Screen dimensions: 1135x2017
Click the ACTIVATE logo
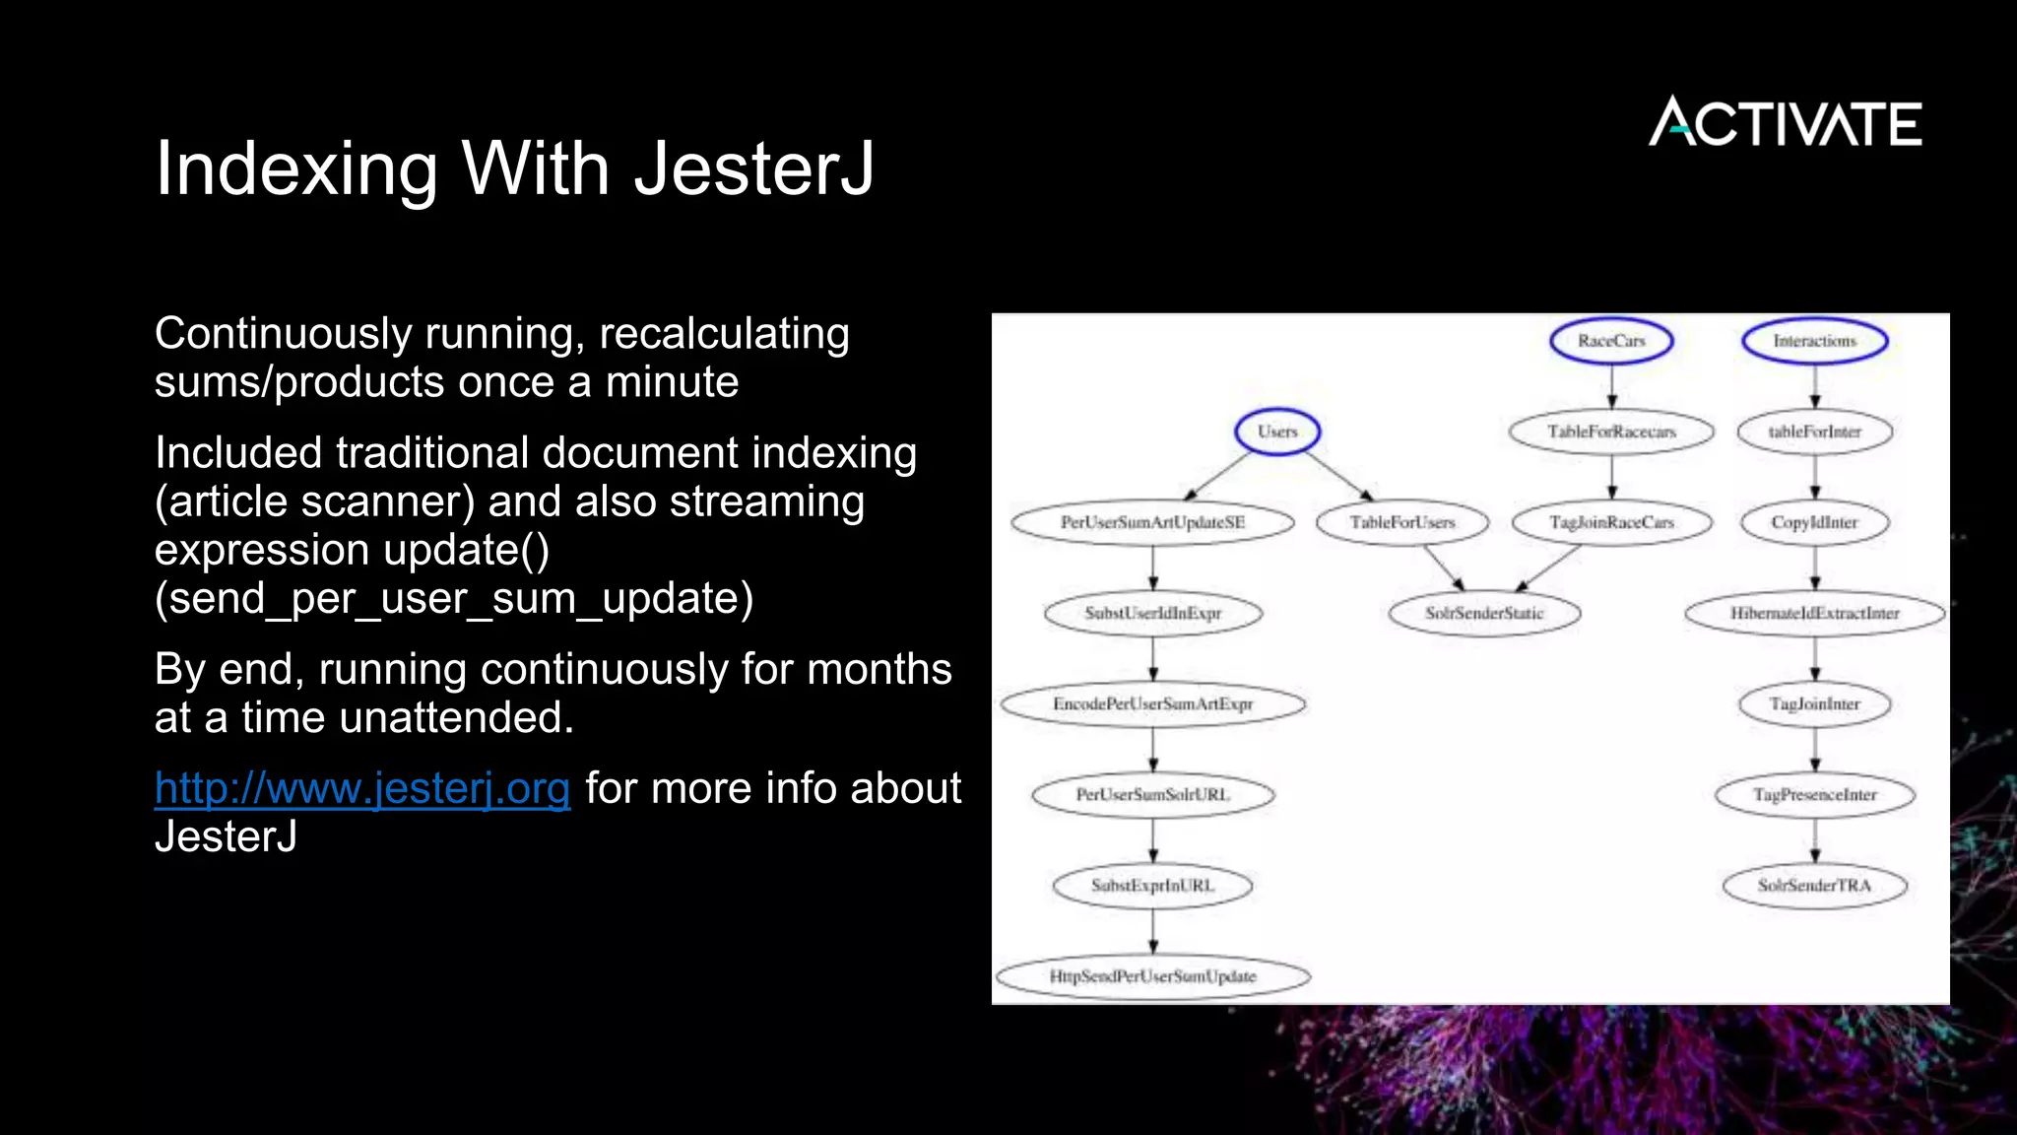point(1785,122)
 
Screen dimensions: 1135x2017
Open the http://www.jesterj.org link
point(362,788)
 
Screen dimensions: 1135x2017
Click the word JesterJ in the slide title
point(753,168)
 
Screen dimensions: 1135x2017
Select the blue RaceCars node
point(1611,341)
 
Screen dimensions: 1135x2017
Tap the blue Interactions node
point(1814,341)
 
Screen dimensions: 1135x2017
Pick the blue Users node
point(1277,432)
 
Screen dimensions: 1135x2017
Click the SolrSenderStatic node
point(1484,613)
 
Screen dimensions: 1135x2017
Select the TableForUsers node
point(1402,522)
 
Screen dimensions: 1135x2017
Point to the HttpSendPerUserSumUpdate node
point(1152,976)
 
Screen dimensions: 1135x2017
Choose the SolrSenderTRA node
point(1814,885)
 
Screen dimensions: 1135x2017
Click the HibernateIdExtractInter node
point(1814,613)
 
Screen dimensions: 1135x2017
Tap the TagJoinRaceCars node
point(1611,522)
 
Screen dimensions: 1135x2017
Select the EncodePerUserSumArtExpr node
point(1152,703)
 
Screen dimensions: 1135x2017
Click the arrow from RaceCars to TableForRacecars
point(1611,386)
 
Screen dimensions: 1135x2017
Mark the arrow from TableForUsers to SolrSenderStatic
point(1444,569)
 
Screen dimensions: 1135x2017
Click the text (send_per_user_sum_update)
point(454,598)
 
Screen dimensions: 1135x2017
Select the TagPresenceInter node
point(1814,794)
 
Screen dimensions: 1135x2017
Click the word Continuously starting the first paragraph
point(282,334)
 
